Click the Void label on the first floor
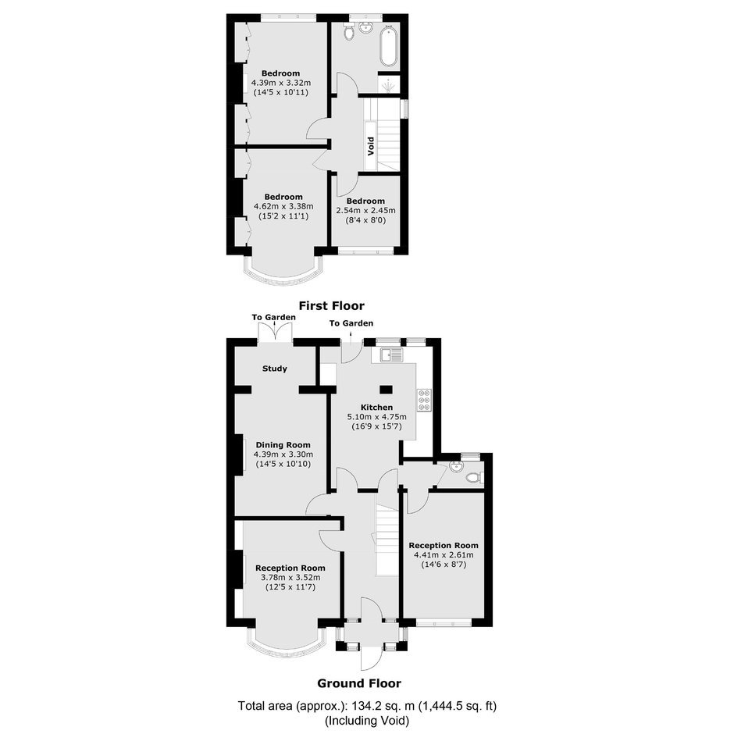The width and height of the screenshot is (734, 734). (371, 146)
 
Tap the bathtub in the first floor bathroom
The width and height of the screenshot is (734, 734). (389, 48)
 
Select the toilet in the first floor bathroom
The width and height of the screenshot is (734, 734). (348, 32)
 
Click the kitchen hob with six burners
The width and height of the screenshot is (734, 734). (425, 401)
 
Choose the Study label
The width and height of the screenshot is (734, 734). (275, 369)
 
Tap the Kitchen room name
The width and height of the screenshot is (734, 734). (376, 408)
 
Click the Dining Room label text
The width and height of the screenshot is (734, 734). (283, 445)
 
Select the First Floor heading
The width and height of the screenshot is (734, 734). (331, 305)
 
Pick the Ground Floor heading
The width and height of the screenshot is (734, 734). (359, 683)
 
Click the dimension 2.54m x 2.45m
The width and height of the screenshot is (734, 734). (365, 211)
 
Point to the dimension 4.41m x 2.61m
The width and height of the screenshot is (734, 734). (444, 555)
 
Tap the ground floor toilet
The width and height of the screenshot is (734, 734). (475, 478)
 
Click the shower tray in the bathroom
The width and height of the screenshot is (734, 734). (388, 84)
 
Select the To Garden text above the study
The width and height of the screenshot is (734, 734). (274, 317)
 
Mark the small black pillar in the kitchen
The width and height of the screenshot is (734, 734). (387, 390)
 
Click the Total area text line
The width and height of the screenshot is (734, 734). (367, 705)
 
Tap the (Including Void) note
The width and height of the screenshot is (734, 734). (367, 721)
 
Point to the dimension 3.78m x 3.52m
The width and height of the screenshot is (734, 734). (290, 578)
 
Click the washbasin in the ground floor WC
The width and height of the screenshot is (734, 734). (455, 466)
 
